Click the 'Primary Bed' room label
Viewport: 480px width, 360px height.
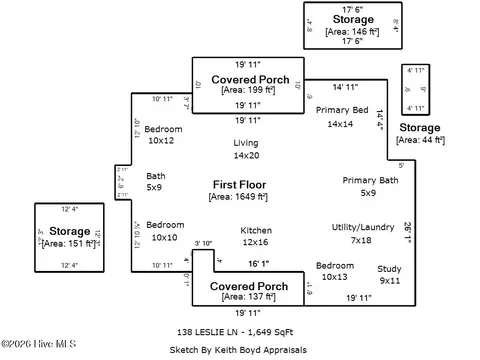coord(343,109)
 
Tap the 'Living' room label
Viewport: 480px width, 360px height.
coord(246,143)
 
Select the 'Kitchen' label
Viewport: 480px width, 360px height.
coord(256,230)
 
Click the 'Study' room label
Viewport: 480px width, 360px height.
coord(389,269)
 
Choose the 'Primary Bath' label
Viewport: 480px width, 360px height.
coord(370,180)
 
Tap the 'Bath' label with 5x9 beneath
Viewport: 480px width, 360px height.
coord(156,176)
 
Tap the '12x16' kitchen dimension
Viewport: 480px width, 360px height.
coord(256,242)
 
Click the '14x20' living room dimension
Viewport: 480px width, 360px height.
coord(246,155)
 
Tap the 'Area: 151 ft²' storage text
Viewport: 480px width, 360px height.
coord(69,242)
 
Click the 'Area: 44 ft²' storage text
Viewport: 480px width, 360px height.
coord(419,140)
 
